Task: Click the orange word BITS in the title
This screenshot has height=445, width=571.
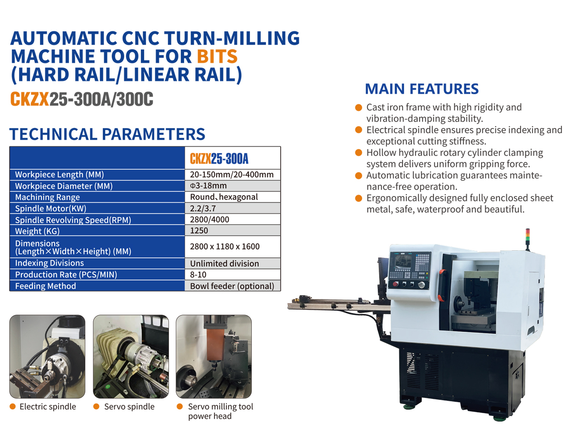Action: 217,57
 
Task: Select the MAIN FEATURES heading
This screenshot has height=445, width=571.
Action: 422,89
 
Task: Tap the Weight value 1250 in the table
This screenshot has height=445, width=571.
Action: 199,230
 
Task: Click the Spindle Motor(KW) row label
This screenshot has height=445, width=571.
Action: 51,208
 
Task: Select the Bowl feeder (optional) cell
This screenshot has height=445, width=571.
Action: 232,286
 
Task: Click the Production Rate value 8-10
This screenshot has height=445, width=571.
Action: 198,275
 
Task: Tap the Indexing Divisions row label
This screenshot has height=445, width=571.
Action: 49,263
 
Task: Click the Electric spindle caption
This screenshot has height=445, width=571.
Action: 48,406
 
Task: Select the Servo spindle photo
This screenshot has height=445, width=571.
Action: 131,356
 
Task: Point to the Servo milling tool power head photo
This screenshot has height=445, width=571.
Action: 214,356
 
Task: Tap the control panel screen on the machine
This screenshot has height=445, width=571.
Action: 404,262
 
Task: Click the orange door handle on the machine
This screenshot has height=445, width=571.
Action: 441,285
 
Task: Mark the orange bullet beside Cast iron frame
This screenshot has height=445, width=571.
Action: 358,108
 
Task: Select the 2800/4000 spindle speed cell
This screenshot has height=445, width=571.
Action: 209,219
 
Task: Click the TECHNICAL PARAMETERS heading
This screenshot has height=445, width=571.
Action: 107,134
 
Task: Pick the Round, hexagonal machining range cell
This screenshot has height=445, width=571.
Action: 224,197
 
